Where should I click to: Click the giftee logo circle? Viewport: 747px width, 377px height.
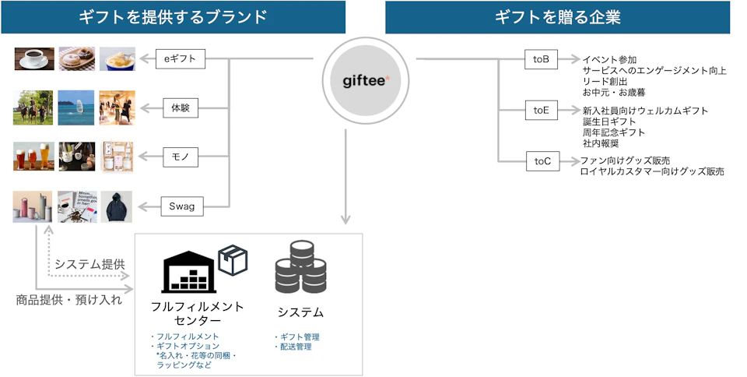(366, 80)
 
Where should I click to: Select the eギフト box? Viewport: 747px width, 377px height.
(180, 58)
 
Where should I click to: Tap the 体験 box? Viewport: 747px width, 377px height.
(181, 107)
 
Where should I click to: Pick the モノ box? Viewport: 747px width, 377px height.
(181, 157)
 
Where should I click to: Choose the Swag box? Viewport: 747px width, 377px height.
(181, 206)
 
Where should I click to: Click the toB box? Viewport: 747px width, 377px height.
(541, 59)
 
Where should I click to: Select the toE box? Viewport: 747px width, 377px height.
(541, 110)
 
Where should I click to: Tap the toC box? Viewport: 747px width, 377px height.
(542, 161)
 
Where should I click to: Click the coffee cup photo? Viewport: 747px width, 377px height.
(34, 58)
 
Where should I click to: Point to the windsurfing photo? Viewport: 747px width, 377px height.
(76, 107)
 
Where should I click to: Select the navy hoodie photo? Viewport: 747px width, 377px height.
(116, 207)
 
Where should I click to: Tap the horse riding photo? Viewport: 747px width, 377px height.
(33, 107)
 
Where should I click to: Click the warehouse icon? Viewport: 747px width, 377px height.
(188, 272)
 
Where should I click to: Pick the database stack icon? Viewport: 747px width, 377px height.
(300, 267)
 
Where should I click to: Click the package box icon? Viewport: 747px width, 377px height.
(233, 260)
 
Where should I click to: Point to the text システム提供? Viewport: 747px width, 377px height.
(89, 264)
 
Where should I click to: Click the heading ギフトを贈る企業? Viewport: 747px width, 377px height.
(557, 17)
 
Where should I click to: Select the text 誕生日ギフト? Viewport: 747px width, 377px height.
(608, 122)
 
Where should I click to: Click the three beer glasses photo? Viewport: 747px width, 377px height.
(33, 157)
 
